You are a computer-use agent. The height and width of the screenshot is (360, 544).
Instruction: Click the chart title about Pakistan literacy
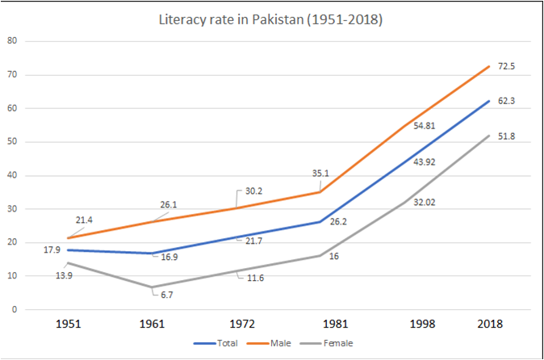[x=270, y=17]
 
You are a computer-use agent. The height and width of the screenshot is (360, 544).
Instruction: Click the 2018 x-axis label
[x=489, y=324]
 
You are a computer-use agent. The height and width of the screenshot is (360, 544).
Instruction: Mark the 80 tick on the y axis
[x=11, y=40]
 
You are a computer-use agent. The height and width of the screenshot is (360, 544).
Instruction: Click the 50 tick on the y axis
[x=11, y=141]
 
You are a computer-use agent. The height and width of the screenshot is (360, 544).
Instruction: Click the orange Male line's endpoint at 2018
[x=489, y=65]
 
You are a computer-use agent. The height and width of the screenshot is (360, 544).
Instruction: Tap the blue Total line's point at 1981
[x=321, y=221]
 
